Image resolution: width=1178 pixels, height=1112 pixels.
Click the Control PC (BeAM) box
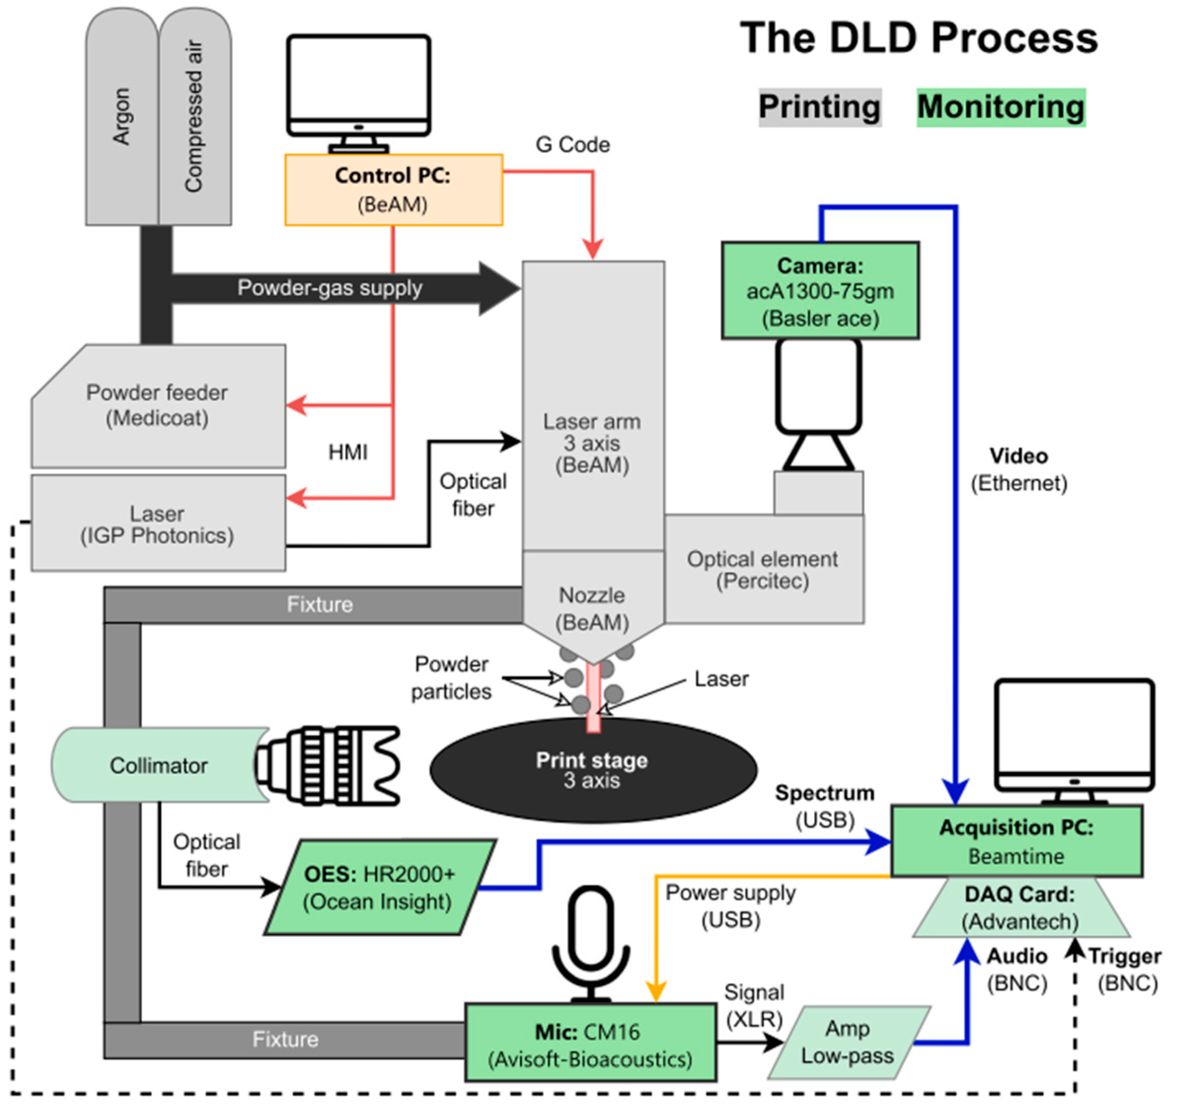(393, 190)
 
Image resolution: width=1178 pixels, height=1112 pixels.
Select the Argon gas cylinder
(122, 118)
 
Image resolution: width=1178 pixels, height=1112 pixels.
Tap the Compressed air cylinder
(194, 118)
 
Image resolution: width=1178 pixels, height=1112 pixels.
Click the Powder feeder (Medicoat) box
(157, 406)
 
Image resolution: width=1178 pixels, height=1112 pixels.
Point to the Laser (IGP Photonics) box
(157, 524)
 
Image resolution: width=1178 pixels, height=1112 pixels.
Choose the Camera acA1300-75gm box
(820, 291)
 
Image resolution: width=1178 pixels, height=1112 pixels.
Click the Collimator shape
(158, 765)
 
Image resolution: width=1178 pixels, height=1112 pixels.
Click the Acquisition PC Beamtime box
(1016, 841)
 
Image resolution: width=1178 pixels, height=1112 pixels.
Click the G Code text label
(572, 145)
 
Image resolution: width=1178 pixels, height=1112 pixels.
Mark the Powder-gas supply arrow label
(330, 288)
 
